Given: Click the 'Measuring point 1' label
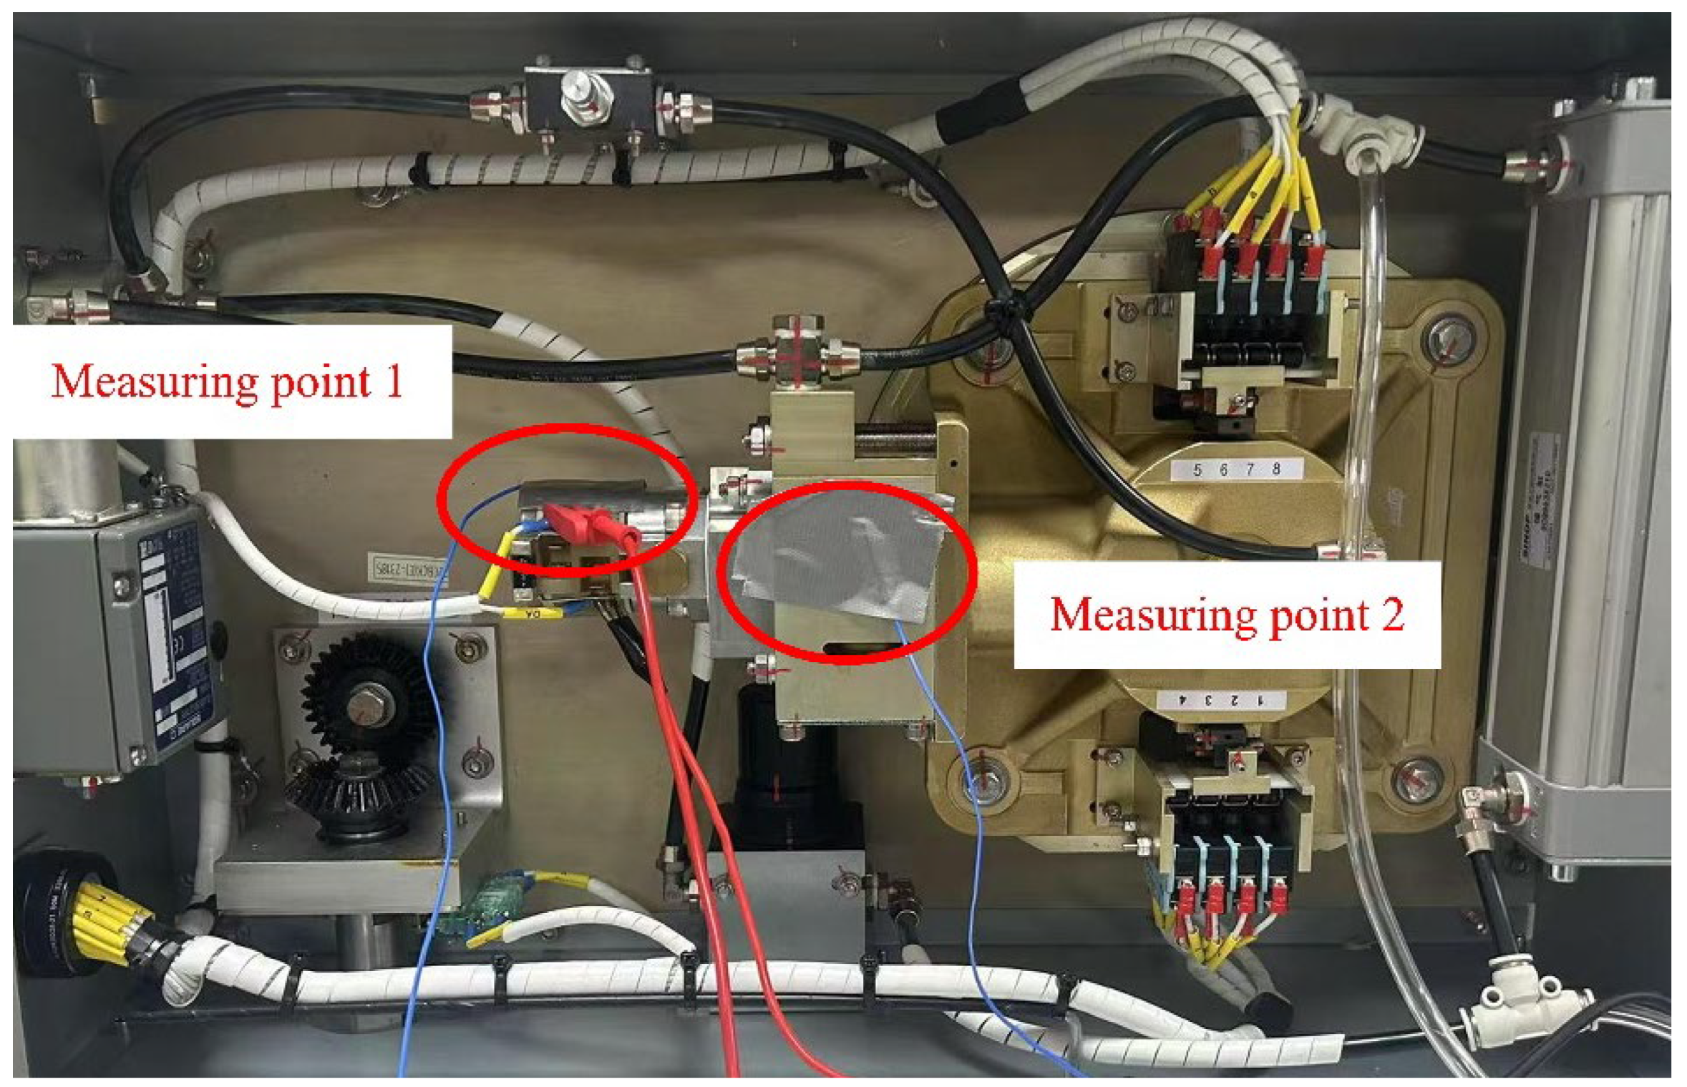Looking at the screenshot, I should point(228,381).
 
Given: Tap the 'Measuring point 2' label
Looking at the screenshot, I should point(1226,615).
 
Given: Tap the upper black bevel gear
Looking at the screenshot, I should point(369,698).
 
